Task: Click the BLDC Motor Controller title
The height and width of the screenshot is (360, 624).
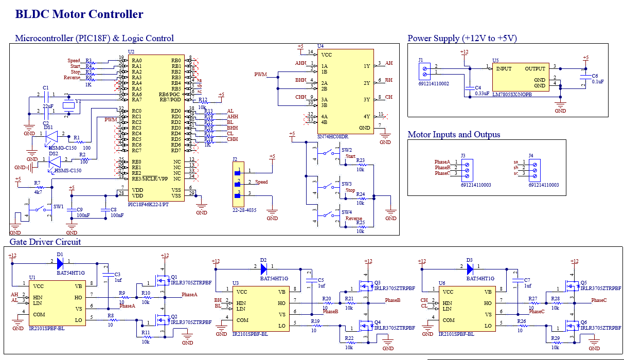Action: [x=79, y=14]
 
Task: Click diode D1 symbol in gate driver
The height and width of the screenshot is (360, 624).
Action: [x=60, y=263]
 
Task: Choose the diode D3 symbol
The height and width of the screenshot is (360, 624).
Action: [x=469, y=267]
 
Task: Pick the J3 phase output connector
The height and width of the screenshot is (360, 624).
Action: [x=467, y=168]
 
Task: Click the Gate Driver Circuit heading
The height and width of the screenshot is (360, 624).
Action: [x=45, y=242]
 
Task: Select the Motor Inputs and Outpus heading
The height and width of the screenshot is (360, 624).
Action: [x=454, y=135]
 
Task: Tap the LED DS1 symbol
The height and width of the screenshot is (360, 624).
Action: [x=52, y=137]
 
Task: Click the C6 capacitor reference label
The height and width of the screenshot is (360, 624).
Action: [x=595, y=76]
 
